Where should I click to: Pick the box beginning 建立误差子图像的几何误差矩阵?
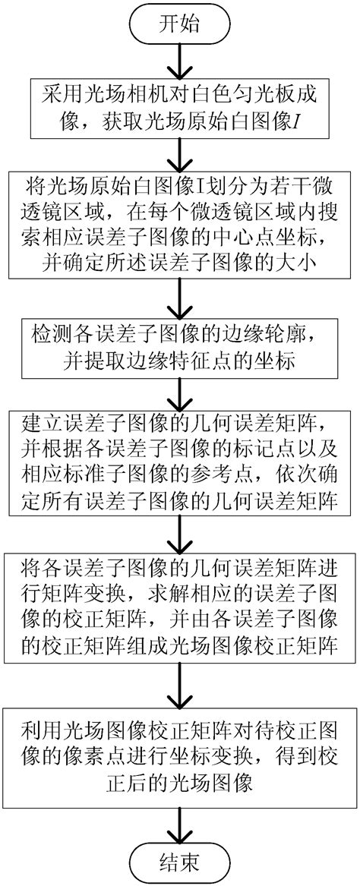pyautogui.click(x=179, y=454)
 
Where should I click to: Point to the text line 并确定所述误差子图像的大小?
pyautogui.click(x=179, y=263)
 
